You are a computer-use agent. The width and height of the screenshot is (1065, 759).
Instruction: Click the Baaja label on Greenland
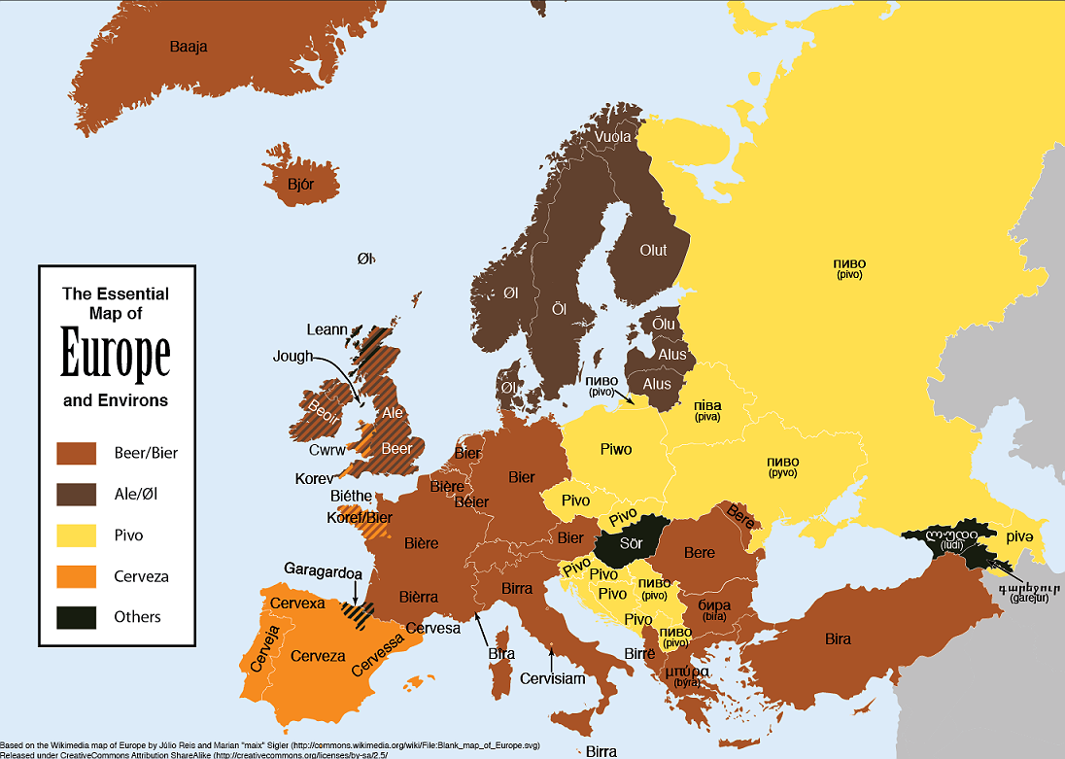coord(189,47)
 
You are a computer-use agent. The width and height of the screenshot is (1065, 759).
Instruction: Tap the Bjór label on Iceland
coord(300,183)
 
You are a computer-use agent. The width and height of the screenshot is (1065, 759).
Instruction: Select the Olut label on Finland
coord(653,251)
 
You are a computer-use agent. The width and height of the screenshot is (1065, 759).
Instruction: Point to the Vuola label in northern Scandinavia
coord(612,137)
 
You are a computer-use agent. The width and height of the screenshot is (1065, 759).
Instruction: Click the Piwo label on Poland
coord(616,449)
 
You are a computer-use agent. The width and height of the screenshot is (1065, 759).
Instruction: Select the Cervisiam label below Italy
coord(553,678)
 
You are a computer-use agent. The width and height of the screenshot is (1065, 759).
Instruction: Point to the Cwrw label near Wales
coord(326,451)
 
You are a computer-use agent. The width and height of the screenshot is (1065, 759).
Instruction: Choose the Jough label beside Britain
coord(292,357)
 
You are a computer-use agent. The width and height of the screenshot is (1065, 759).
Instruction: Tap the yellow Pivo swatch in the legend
coord(77,535)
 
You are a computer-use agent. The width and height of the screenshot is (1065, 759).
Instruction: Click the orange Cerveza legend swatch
coord(77,576)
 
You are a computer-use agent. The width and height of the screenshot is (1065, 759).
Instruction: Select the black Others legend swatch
coord(77,617)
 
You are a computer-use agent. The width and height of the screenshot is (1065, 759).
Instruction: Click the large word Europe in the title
coord(116,356)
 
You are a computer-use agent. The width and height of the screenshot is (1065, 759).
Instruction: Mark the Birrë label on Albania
coord(639,654)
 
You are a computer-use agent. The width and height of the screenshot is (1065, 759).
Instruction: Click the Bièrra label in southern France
coord(419,597)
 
